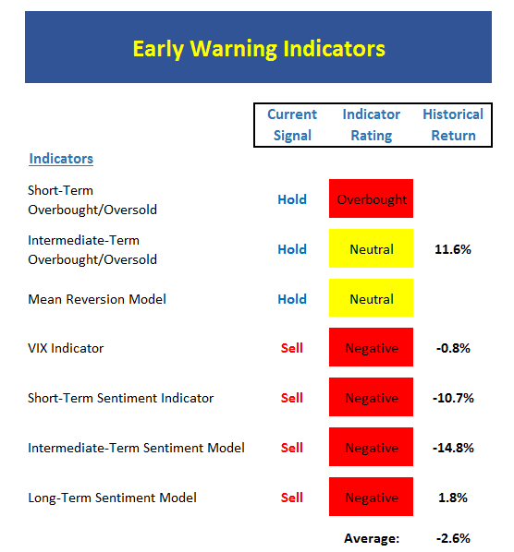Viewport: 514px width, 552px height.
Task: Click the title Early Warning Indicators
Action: click(x=259, y=49)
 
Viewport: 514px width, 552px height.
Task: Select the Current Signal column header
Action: click(x=292, y=125)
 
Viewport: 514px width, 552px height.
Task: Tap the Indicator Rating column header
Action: click(x=372, y=125)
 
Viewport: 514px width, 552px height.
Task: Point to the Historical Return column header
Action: click(x=453, y=125)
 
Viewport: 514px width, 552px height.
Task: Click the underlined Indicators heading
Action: click(x=61, y=159)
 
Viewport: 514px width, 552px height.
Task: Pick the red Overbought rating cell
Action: click(x=372, y=198)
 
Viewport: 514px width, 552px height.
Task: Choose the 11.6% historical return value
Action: click(x=453, y=249)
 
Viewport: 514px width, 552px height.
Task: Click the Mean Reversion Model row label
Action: click(x=97, y=299)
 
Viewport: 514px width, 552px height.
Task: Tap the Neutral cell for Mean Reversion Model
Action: click(x=372, y=298)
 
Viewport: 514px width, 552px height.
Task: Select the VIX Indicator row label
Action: click(x=66, y=348)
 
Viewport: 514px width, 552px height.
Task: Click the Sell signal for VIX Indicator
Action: click(x=292, y=348)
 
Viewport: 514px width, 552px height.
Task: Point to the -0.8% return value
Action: click(x=453, y=348)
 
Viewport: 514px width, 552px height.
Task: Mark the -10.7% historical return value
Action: click(x=453, y=398)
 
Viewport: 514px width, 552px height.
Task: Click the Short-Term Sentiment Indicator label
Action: click(x=121, y=398)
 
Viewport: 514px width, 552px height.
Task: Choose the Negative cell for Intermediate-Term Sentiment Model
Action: click(x=372, y=447)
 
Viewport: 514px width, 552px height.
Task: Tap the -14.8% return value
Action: click(x=453, y=448)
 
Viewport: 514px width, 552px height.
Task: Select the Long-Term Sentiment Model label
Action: click(x=113, y=498)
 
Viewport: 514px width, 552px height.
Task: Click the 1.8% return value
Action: click(x=453, y=498)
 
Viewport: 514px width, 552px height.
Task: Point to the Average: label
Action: click(x=372, y=538)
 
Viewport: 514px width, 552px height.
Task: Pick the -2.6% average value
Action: click(x=453, y=538)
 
